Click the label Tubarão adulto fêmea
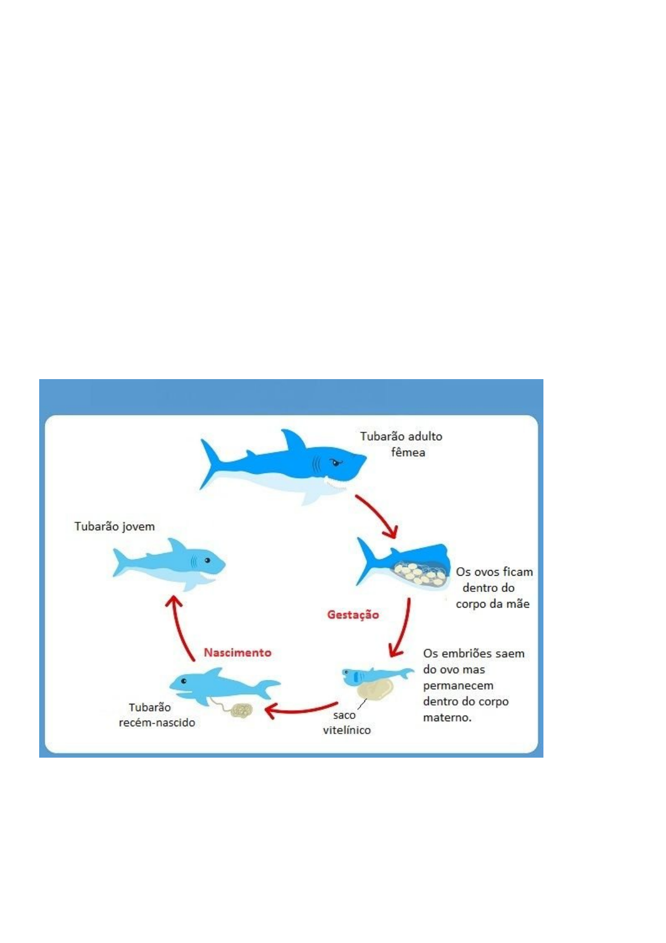pos(401,444)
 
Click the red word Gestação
pos(353,615)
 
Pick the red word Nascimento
pos(237,652)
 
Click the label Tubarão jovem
pos(115,526)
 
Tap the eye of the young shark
pos(208,560)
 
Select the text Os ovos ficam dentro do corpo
pos(493,587)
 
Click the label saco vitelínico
pos(346,723)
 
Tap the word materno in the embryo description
pos(447,718)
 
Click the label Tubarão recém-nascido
pos(157,715)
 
